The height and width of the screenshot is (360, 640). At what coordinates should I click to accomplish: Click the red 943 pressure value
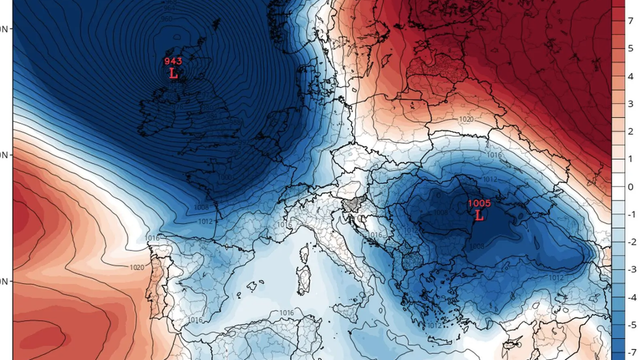[173, 62]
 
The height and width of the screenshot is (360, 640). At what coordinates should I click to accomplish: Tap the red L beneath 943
[173, 75]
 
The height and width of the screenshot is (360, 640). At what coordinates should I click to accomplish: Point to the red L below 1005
[479, 216]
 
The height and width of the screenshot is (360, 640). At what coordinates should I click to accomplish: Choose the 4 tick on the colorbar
[629, 102]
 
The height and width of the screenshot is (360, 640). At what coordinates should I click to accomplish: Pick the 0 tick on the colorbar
[629, 187]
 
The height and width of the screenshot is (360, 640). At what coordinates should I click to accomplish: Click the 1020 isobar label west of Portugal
[137, 267]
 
